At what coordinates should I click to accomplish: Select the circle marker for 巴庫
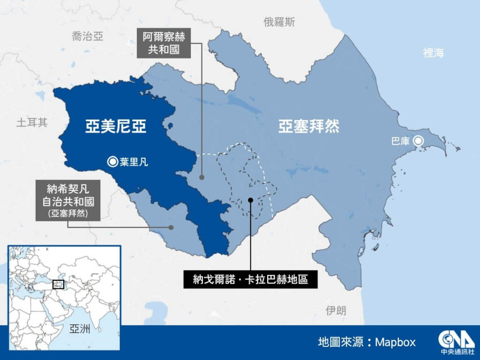point(418,140)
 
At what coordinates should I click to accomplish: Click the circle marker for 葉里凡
point(112,162)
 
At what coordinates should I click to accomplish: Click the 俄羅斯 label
point(279,22)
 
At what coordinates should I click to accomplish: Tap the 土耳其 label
point(32,123)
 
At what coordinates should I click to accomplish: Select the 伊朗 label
point(337,310)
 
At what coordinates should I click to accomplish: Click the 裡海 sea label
point(433,52)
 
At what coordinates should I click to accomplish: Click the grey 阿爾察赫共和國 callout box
point(164,43)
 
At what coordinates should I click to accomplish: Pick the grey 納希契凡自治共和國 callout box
point(68,202)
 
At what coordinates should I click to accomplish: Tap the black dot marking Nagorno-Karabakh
point(251,200)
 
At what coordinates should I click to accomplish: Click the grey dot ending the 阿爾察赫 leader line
point(202,178)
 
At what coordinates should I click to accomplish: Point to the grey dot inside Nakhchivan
point(172,227)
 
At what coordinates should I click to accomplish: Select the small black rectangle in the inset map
point(58,284)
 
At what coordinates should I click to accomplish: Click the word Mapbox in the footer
point(395,342)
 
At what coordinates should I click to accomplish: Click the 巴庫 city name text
point(400,141)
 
